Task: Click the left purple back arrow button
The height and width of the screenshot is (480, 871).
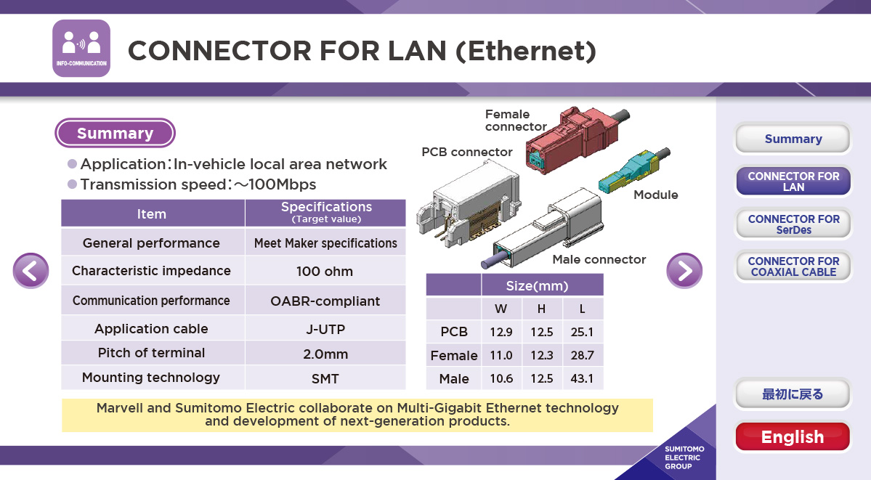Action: [31, 271]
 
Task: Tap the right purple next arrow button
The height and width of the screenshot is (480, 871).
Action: [684, 271]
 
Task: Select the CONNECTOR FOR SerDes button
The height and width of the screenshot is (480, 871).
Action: [793, 224]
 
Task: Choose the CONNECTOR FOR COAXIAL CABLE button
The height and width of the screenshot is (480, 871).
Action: [793, 267]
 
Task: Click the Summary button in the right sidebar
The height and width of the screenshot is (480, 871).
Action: [793, 138]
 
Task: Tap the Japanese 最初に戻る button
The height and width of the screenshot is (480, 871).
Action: [793, 394]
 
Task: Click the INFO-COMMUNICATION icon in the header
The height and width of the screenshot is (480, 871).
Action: [81, 49]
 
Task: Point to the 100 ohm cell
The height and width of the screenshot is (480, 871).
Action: [325, 271]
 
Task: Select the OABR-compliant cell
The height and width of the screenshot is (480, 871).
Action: [325, 301]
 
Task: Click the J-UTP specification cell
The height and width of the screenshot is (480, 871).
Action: [325, 329]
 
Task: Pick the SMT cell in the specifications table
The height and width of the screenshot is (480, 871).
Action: [325, 378]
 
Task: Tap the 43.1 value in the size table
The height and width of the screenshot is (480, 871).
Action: [582, 378]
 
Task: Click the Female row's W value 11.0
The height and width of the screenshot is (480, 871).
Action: [501, 355]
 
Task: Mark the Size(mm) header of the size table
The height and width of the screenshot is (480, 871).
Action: [537, 285]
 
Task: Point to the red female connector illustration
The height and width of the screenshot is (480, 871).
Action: [575, 139]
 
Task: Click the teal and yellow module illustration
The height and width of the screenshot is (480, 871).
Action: [633, 171]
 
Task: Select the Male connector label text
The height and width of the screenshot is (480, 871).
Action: [599, 259]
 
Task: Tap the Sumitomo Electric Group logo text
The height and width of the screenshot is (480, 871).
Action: [684, 457]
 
